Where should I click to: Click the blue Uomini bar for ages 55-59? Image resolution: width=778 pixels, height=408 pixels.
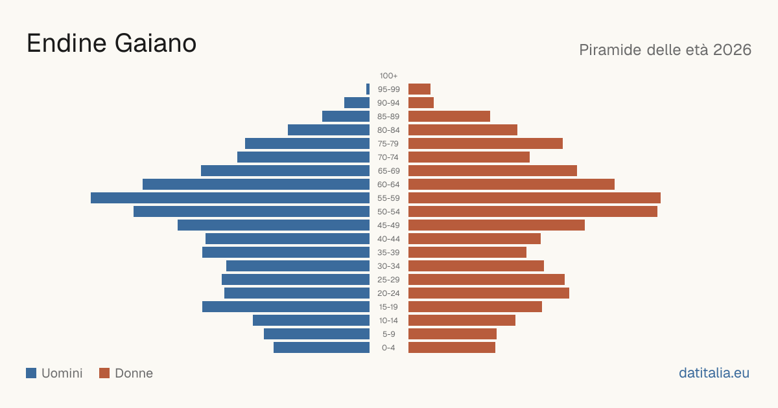tap(230, 198)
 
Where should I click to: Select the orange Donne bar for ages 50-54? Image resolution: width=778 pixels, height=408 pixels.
tap(533, 211)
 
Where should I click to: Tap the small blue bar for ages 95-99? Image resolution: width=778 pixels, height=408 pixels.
tap(368, 89)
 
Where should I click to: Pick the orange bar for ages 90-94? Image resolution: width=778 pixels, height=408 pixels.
tap(421, 103)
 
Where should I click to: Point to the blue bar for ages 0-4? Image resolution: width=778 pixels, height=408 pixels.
tap(322, 347)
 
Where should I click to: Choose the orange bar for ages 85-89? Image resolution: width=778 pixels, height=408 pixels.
tap(449, 116)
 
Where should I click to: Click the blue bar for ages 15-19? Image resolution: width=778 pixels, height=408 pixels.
tap(286, 307)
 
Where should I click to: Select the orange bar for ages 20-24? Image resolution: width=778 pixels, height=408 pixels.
tap(489, 293)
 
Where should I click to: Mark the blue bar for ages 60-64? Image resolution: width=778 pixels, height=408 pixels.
tap(256, 184)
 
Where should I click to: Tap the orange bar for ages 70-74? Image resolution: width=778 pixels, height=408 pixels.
tap(469, 157)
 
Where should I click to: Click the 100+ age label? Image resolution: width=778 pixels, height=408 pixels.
tap(388, 76)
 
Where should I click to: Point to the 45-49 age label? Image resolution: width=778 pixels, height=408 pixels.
tap(388, 225)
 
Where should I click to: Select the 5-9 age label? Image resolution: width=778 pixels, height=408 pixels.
tap(388, 334)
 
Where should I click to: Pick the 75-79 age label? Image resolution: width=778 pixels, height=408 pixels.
tap(388, 144)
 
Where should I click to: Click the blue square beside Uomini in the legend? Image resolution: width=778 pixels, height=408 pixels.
tap(31, 373)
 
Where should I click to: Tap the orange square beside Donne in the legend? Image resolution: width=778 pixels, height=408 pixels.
tap(104, 373)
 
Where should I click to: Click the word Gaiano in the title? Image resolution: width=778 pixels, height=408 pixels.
tap(155, 43)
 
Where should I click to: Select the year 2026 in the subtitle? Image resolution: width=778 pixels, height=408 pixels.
tap(732, 50)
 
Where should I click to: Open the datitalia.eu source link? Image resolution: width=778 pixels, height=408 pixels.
tap(714, 373)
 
